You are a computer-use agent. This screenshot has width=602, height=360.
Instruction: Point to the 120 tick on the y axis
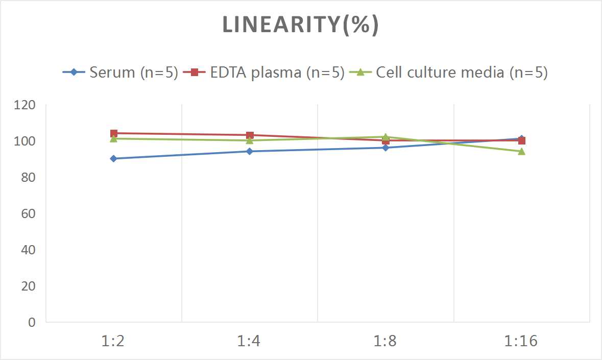click(x=26, y=105)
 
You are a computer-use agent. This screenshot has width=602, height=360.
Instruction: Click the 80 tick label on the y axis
click(x=29, y=177)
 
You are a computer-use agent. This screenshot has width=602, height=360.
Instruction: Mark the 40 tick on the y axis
click(x=29, y=250)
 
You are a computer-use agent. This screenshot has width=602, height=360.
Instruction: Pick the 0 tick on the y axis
click(x=32, y=322)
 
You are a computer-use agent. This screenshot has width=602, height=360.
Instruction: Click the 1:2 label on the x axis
click(x=113, y=341)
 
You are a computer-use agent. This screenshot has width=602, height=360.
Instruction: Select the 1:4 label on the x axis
click(x=250, y=341)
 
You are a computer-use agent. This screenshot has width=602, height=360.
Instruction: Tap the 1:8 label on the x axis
click(x=386, y=341)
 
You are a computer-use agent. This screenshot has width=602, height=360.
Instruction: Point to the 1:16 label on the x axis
click(x=521, y=341)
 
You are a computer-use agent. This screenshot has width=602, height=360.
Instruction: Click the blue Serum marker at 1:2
click(x=113, y=159)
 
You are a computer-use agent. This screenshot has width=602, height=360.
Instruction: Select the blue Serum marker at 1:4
click(x=250, y=151)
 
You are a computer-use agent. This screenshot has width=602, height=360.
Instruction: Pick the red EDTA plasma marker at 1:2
click(x=114, y=133)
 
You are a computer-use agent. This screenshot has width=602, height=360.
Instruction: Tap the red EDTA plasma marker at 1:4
click(x=250, y=135)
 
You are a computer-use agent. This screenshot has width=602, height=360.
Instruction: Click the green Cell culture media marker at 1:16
click(x=521, y=151)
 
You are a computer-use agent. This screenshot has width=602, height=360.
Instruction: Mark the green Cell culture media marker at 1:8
click(x=386, y=137)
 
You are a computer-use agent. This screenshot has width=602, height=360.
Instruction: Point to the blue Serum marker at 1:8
click(x=386, y=148)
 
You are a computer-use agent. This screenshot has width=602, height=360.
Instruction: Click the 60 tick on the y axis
click(x=29, y=213)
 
